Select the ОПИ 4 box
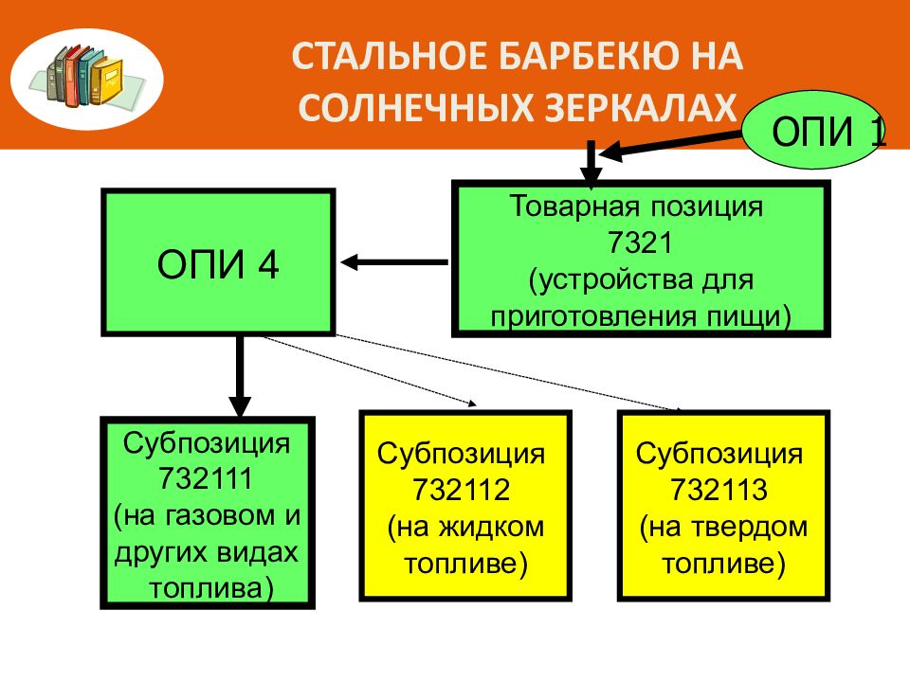(x=218, y=262)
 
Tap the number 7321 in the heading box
(x=640, y=242)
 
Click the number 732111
(x=206, y=479)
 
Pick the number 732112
(x=462, y=490)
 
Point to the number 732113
(x=719, y=490)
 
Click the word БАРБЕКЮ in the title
(x=582, y=56)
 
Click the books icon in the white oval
(x=86, y=77)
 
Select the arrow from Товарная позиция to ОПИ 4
(x=394, y=262)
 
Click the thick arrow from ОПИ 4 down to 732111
(x=240, y=376)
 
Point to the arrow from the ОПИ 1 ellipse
(x=670, y=144)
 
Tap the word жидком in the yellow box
(x=491, y=528)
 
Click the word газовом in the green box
(x=218, y=516)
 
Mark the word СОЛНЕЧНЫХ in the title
(x=417, y=107)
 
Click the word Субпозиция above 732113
(x=719, y=454)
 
